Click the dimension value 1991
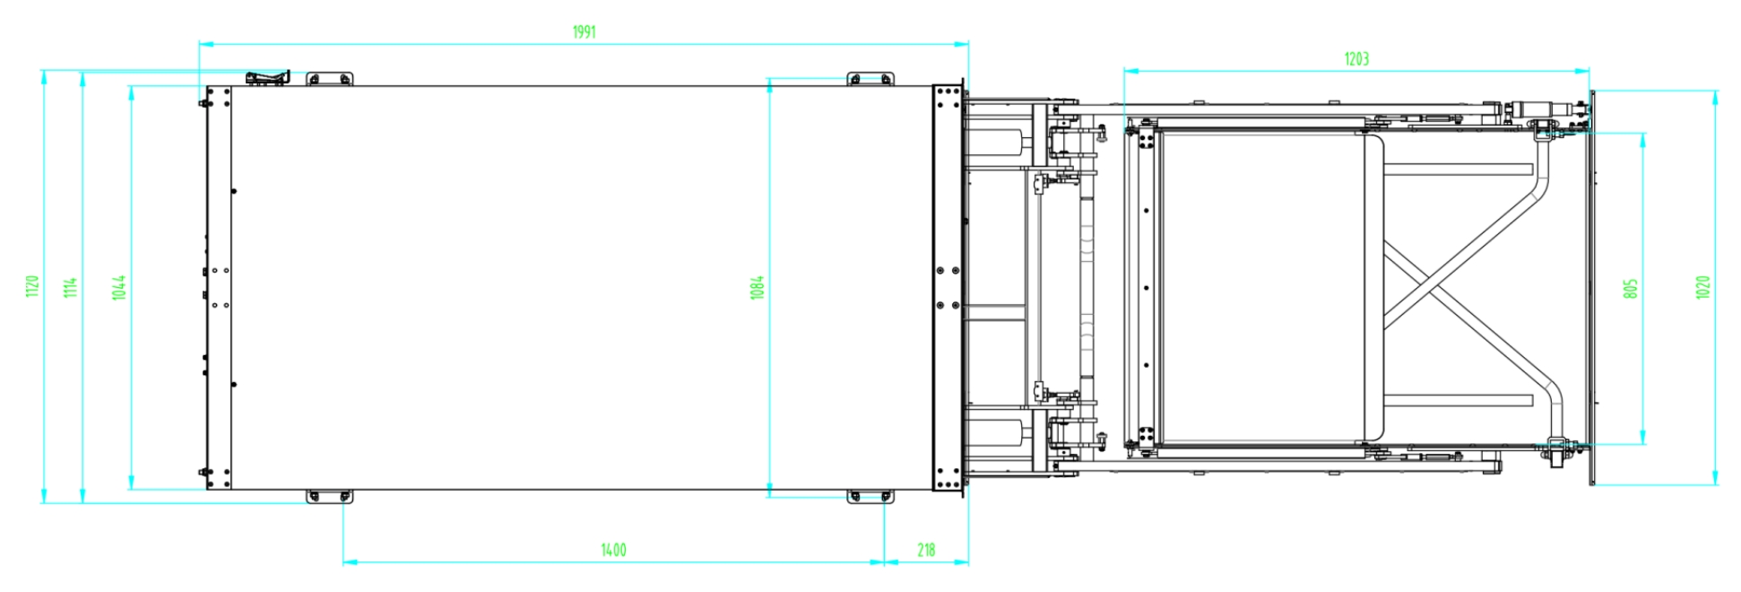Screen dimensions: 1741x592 coord(584,32)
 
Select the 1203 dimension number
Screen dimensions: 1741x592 coord(1356,59)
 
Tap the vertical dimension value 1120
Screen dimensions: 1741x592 coord(32,287)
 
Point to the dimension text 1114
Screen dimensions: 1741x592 coord(71,287)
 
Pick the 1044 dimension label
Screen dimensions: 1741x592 coord(119,287)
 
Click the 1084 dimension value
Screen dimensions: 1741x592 coord(758,287)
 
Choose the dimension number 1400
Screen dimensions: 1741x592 coord(613,550)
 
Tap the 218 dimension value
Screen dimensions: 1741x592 coord(926,550)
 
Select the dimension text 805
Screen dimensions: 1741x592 coord(1631,288)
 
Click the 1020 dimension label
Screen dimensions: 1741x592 coord(1703,287)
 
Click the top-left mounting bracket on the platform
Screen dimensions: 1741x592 coord(329,79)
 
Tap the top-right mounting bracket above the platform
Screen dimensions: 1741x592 coord(870,79)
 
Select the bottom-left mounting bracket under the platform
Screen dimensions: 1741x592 coord(329,496)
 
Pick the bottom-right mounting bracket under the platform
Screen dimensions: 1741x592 coord(870,496)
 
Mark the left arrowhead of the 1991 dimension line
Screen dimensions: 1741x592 coord(205,43)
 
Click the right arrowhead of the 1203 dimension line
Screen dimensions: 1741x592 coord(1583,70)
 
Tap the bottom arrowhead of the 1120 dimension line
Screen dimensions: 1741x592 coord(43,496)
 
